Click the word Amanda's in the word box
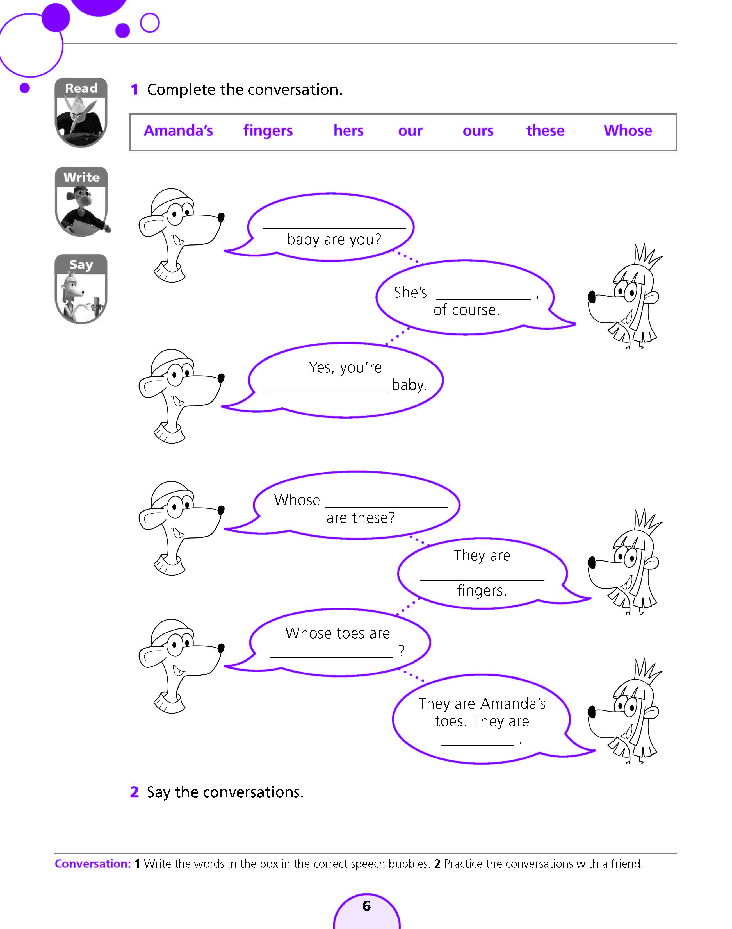(x=178, y=130)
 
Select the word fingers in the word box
(x=268, y=130)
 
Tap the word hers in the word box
(x=348, y=130)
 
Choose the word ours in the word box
(x=478, y=130)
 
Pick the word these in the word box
(x=545, y=130)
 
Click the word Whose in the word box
(x=628, y=130)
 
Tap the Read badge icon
(x=81, y=112)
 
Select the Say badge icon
(x=81, y=289)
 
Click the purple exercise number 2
(x=134, y=792)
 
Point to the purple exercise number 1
(x=134, y=90)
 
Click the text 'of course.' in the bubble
(x=466, y=310)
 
